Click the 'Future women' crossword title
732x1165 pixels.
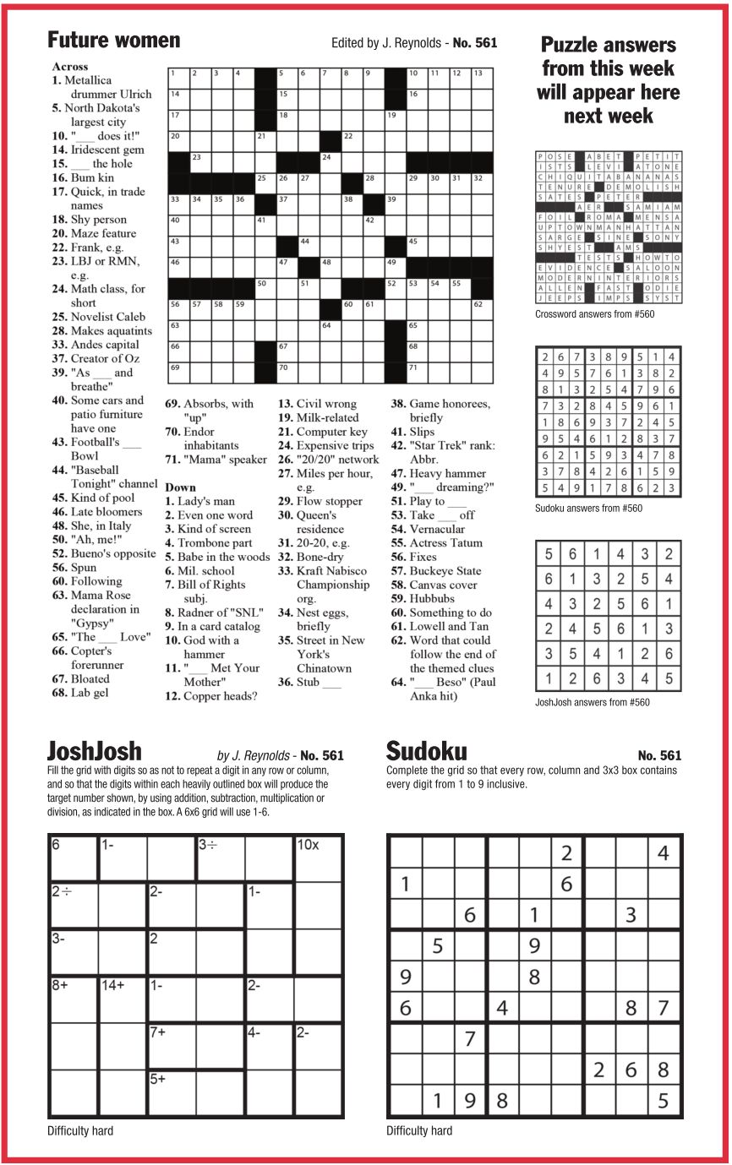click(x=113, y=40)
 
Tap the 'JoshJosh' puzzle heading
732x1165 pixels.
click(x=94, y=751)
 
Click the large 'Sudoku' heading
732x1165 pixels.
click(x=426, y=751)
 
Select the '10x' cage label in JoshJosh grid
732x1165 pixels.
click(x=307, y=844)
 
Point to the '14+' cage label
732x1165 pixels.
click(x=113, y=984)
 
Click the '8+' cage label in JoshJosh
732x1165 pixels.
click(x=61, y=984)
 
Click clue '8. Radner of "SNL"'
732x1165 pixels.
click(x=220, y=612)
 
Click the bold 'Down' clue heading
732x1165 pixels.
click(x=180, y=487)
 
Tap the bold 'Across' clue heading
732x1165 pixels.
click(x=69, y=66)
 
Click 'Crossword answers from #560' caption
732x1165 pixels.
click(x=594, y=314)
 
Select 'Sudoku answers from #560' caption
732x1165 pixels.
click(x=588, y=509)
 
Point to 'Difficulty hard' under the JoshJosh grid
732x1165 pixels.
click(x=80, y=1130)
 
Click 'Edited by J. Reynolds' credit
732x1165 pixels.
click(x=386, y=42)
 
